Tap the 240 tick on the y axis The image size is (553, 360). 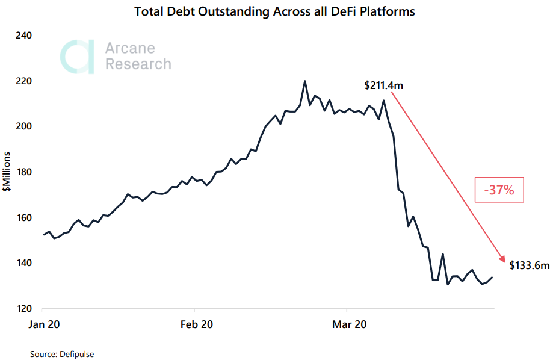[x=23, y=36]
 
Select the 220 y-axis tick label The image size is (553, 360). [x=23, y=81]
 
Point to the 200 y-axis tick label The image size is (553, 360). [x=23, y=126]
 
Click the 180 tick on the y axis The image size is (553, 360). [x=23, y=172]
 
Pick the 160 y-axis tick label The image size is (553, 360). [x=23, y=218]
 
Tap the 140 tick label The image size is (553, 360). [x=23, y=263]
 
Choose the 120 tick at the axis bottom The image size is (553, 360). [x=23, y=309]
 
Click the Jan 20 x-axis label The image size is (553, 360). [x=43, y=324]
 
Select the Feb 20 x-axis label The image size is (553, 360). [x=196, y=324]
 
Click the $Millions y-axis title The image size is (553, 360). [x=7, y=172]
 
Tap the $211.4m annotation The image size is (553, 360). [x=383, y=86]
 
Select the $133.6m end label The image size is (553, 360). [x=530, y=265]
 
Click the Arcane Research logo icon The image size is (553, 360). [x=77, y=57]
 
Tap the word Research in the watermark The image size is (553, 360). [x=138, y=64]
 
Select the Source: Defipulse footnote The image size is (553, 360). [x=62, y=354]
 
